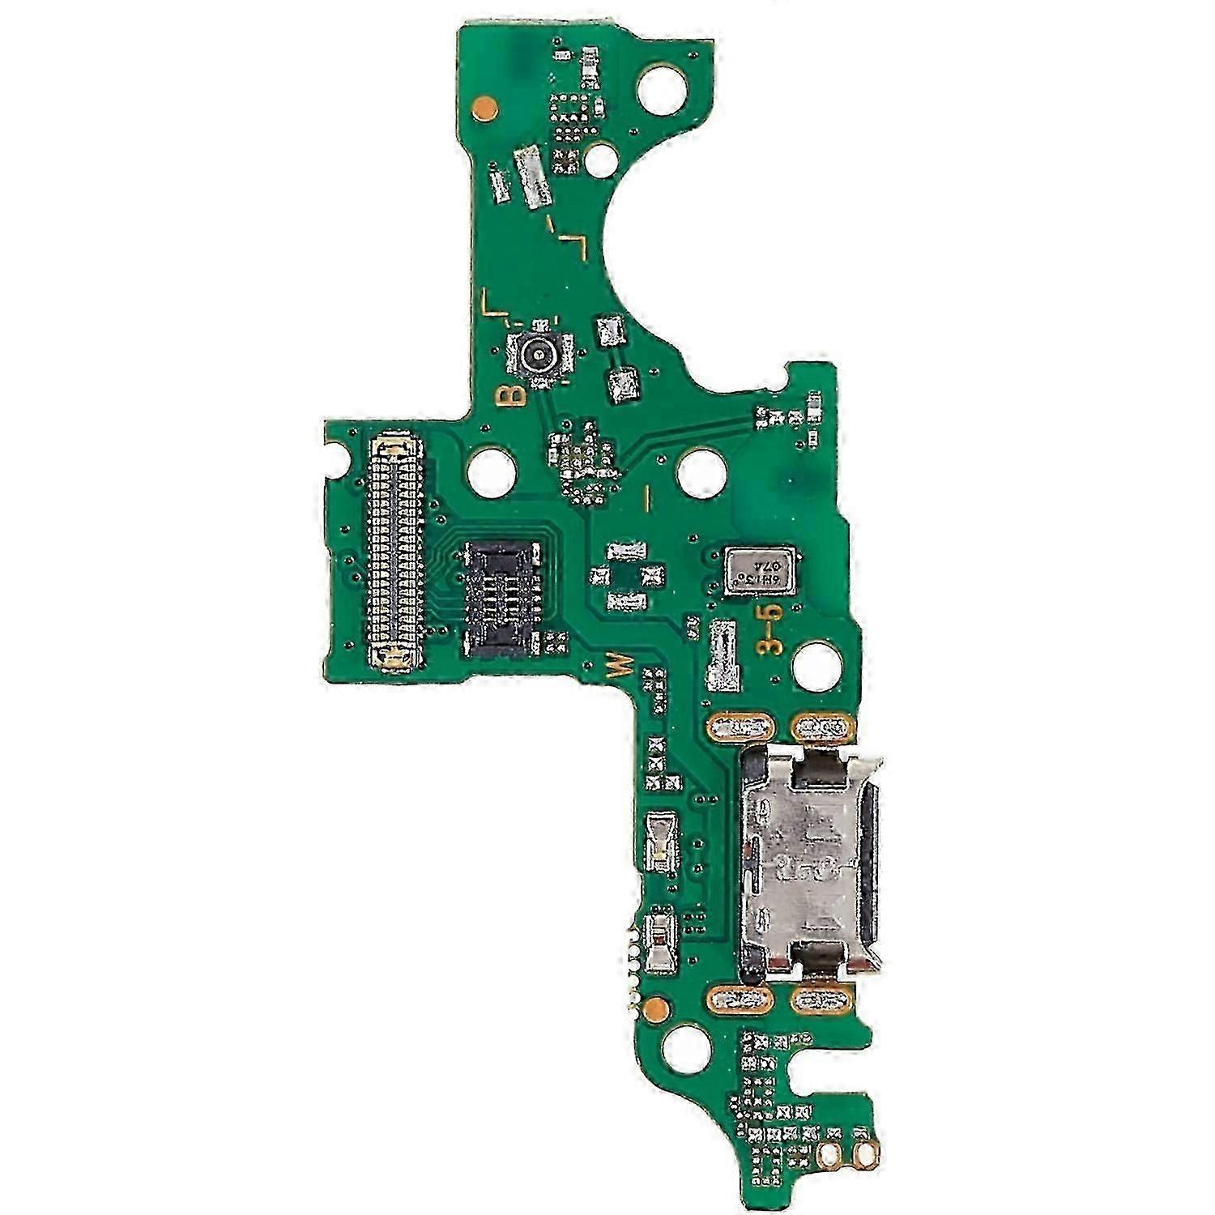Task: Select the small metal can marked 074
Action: [x=758, y=572]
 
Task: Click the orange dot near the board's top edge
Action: [x=484, y=104]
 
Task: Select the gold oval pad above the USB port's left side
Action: [x=737, y=728]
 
